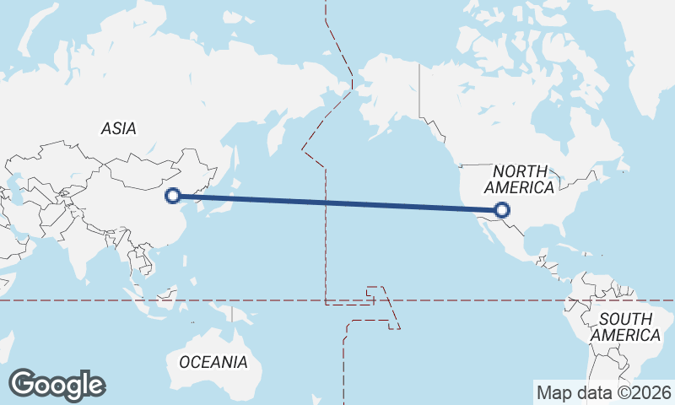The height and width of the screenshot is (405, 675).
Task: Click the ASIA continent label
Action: tap(118, 129)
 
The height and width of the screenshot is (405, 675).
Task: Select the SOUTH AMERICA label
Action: tap(625, 327)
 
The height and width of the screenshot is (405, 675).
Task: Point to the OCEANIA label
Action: tap(213, 362)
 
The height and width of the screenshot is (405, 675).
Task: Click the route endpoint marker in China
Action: tap(173, 196)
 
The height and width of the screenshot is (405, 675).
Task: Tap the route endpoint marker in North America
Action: tap(502, 210)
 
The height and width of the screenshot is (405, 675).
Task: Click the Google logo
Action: tap(57, 385)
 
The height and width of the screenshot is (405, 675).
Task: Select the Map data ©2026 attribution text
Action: tap(603, 392)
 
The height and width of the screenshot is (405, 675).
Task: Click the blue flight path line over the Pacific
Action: tap(337, 202)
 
